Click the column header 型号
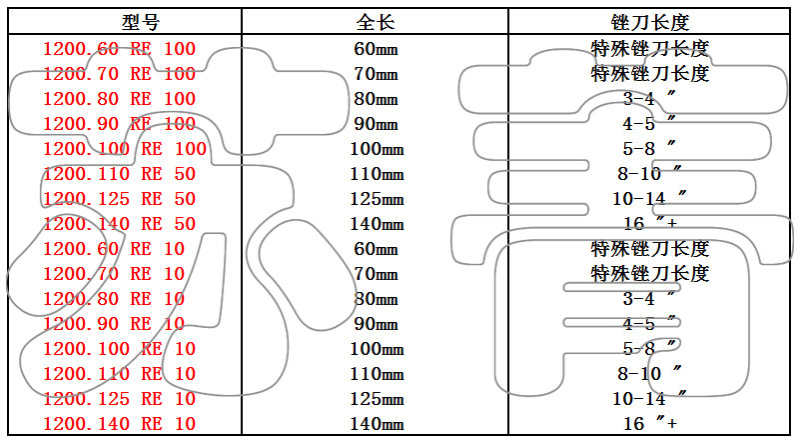click(x=139, y=22)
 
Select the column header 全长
click(x=376, y=22)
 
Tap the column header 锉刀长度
click(x=650, y=22)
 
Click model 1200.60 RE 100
click(x=119, y=48)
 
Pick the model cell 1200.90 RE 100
click(x=119, y=124)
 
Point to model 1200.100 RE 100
click(x=125, y=149)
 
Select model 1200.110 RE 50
click(x=119, y=174)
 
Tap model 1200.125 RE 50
click(x=119, y=199)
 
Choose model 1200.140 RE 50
click(x=119, y=224)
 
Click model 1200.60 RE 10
click(x=114, y=249)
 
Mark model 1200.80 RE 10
click(x=114, y=299)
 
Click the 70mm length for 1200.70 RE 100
click(x=376, y=74)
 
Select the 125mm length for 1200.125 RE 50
click(x=376, y=199)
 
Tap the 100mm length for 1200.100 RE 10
click(x=376, y=349)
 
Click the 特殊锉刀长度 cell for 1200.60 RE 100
click(x=650, y=48)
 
